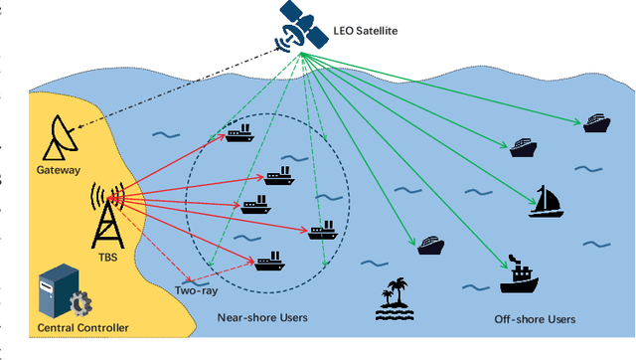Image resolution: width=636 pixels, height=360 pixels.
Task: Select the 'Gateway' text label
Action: [x=59, y=170]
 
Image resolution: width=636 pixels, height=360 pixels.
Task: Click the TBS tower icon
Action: [x=107, y=213]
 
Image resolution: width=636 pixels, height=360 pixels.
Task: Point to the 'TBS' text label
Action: [x=106, y=256]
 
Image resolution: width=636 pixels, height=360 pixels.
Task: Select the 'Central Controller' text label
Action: [x=83, y=328]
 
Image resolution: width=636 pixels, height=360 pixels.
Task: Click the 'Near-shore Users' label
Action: [x=262, y=318]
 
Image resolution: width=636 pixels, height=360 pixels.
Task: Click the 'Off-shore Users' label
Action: [x=535, y=319]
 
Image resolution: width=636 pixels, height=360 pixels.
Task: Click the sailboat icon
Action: [x=545, y=201]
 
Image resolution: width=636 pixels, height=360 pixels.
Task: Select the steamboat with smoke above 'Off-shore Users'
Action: [x=519, y=277]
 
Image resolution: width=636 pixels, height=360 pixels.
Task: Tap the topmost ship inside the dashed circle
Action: [x=239, y=132]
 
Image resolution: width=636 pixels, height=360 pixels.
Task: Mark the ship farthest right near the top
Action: [x=595, y=122]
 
